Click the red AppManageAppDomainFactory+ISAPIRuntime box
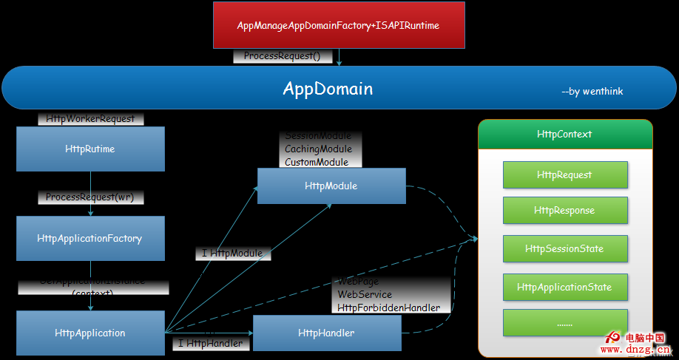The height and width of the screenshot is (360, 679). [339, 25]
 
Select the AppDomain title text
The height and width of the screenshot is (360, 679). [328, 89]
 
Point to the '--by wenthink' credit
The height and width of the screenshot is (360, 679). [592, 92]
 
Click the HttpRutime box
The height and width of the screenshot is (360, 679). [90, 149]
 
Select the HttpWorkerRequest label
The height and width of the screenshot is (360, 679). [90, 118]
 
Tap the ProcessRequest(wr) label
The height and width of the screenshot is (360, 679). [90, 197]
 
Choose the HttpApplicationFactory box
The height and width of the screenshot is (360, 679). [90, 238]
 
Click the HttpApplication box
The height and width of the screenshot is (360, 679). [90, 333]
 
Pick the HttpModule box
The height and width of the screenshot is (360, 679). [331, 186]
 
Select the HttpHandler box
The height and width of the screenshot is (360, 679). [326, 333]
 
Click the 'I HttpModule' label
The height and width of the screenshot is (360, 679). [232, 253]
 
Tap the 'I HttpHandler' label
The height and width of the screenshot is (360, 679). [210, 343]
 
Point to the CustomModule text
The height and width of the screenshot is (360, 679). [316, 162]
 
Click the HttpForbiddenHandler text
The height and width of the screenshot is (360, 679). [388, 308]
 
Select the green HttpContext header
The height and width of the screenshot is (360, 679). [564, 135]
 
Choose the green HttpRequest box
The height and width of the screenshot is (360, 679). [564, 175]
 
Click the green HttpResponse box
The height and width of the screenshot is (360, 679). [564, 210]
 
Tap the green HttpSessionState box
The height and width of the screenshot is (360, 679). [564, 248]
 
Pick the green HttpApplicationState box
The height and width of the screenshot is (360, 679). [564, 287]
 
